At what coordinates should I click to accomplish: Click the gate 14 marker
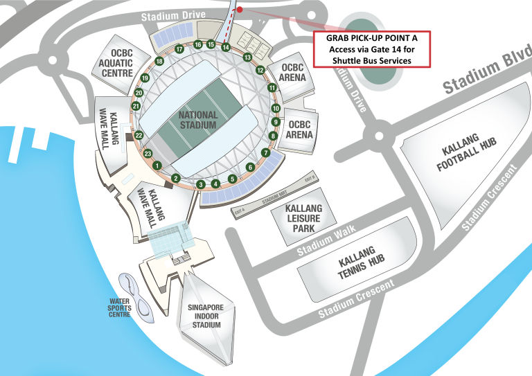click(x=226, y=47)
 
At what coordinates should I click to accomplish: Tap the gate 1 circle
click(x=157, y=165)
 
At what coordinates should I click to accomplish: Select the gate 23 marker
click(x=147, y=153)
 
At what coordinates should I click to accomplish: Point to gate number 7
click(x=265, y=152)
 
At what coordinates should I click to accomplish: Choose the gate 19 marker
click(x=145, y=78)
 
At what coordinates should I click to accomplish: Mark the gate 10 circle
click(x=276, y=108)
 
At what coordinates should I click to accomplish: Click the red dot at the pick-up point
click(x=239, y=10)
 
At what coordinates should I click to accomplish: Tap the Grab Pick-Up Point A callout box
click(x=373, y=49)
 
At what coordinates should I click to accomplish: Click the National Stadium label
click(x=197, y=120)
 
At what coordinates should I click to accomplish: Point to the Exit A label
click(x=240, y=210)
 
